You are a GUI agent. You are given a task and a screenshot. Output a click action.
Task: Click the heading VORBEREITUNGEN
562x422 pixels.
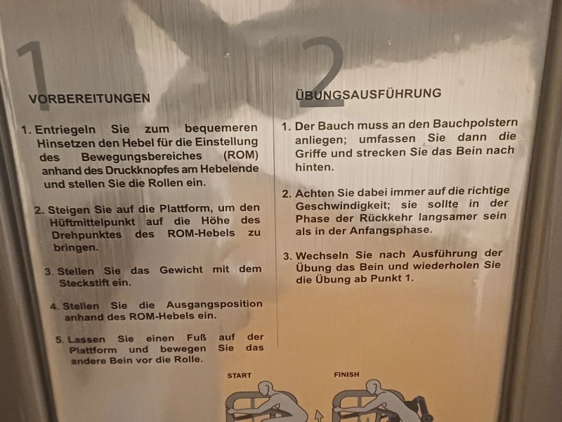click(89, 98)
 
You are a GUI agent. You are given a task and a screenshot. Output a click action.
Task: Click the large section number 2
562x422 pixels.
click(322, 72)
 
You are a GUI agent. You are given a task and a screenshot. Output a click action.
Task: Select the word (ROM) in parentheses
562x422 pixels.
click(240, 155)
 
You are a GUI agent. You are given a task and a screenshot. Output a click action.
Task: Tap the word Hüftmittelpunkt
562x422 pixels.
click(93, 222)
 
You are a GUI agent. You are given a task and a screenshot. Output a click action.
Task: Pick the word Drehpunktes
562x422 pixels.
click(86, 235)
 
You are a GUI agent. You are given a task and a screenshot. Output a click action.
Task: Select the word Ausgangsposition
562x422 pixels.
click(214, 305)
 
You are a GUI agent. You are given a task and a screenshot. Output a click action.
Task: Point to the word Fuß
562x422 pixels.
click(197, 338)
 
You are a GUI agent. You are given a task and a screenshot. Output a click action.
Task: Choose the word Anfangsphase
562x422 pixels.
click(391, 231)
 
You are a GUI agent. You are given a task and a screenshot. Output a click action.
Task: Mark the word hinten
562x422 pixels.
click(314, 167)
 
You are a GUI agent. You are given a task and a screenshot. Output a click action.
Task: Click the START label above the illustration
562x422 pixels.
click(239, 376)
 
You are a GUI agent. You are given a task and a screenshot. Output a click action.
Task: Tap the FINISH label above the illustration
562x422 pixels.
click(346, 375)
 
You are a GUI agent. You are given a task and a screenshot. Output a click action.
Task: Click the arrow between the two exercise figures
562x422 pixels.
click(319, 416)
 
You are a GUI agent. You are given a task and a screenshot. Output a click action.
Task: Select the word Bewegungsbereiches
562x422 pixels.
click(142, 157)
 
